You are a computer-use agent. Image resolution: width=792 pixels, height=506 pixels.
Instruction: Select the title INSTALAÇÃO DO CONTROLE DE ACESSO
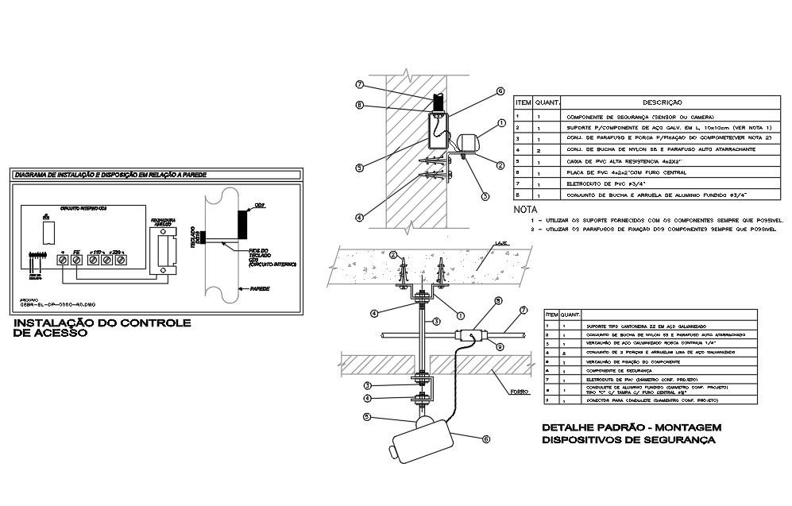tap(102, 329)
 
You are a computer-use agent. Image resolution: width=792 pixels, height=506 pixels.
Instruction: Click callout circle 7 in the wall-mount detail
tap(359, 84)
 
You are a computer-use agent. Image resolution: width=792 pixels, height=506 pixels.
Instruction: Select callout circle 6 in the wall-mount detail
tap(500, 91)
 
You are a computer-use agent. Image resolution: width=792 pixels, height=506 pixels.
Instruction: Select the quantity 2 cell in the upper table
tap(539, 149)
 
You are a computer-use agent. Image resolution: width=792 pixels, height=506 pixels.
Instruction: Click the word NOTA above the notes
tap(526, 210)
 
